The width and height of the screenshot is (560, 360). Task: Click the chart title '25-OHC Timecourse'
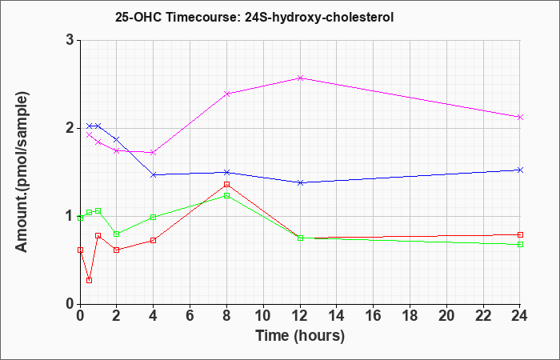[x=254, y=17]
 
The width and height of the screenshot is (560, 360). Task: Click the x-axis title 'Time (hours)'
[x=300, y=335]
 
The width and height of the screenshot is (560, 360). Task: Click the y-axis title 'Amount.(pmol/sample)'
[x=23, y=171]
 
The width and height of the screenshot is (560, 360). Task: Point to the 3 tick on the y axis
[x=69, y=40]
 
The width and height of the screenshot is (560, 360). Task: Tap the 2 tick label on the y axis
[x=69, y=128]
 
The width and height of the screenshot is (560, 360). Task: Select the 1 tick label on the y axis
[x=69, y=216]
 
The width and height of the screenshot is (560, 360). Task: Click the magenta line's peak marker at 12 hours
[x=300, y=78]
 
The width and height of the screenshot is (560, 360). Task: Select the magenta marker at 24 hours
[x=521, y=117]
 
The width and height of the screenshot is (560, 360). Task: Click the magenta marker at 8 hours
[x=227, y=94]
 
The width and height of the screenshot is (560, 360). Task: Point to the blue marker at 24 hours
[x=521, y=170]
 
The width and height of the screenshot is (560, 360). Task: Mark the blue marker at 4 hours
[x=154, y=174]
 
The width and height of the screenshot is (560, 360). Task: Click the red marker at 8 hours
[x=227, y=184]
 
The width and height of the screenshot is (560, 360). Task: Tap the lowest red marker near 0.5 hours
[x=89, y=280]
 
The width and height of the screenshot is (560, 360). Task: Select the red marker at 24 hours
[x=521, y=234]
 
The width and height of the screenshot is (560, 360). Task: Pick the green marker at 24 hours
[x=521, y=244]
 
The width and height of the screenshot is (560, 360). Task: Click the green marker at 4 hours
[x=154, y=217]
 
